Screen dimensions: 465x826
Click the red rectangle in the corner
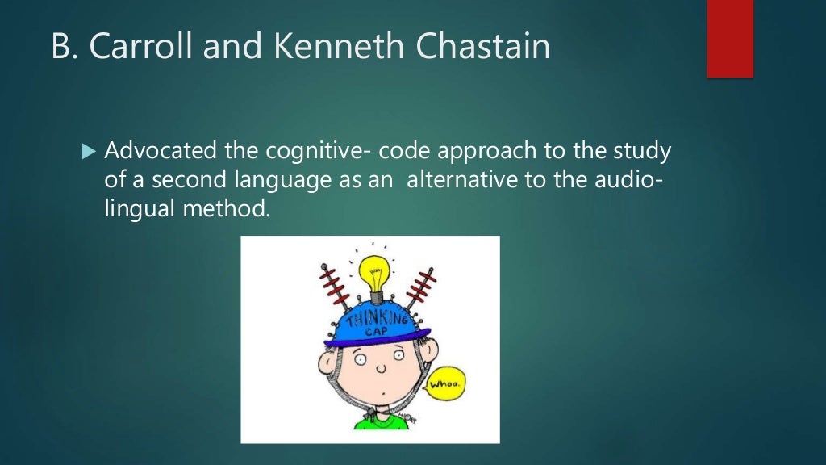pos(730,38)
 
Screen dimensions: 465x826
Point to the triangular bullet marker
pos(89,152)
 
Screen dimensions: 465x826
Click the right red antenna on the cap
pos(420,286)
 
